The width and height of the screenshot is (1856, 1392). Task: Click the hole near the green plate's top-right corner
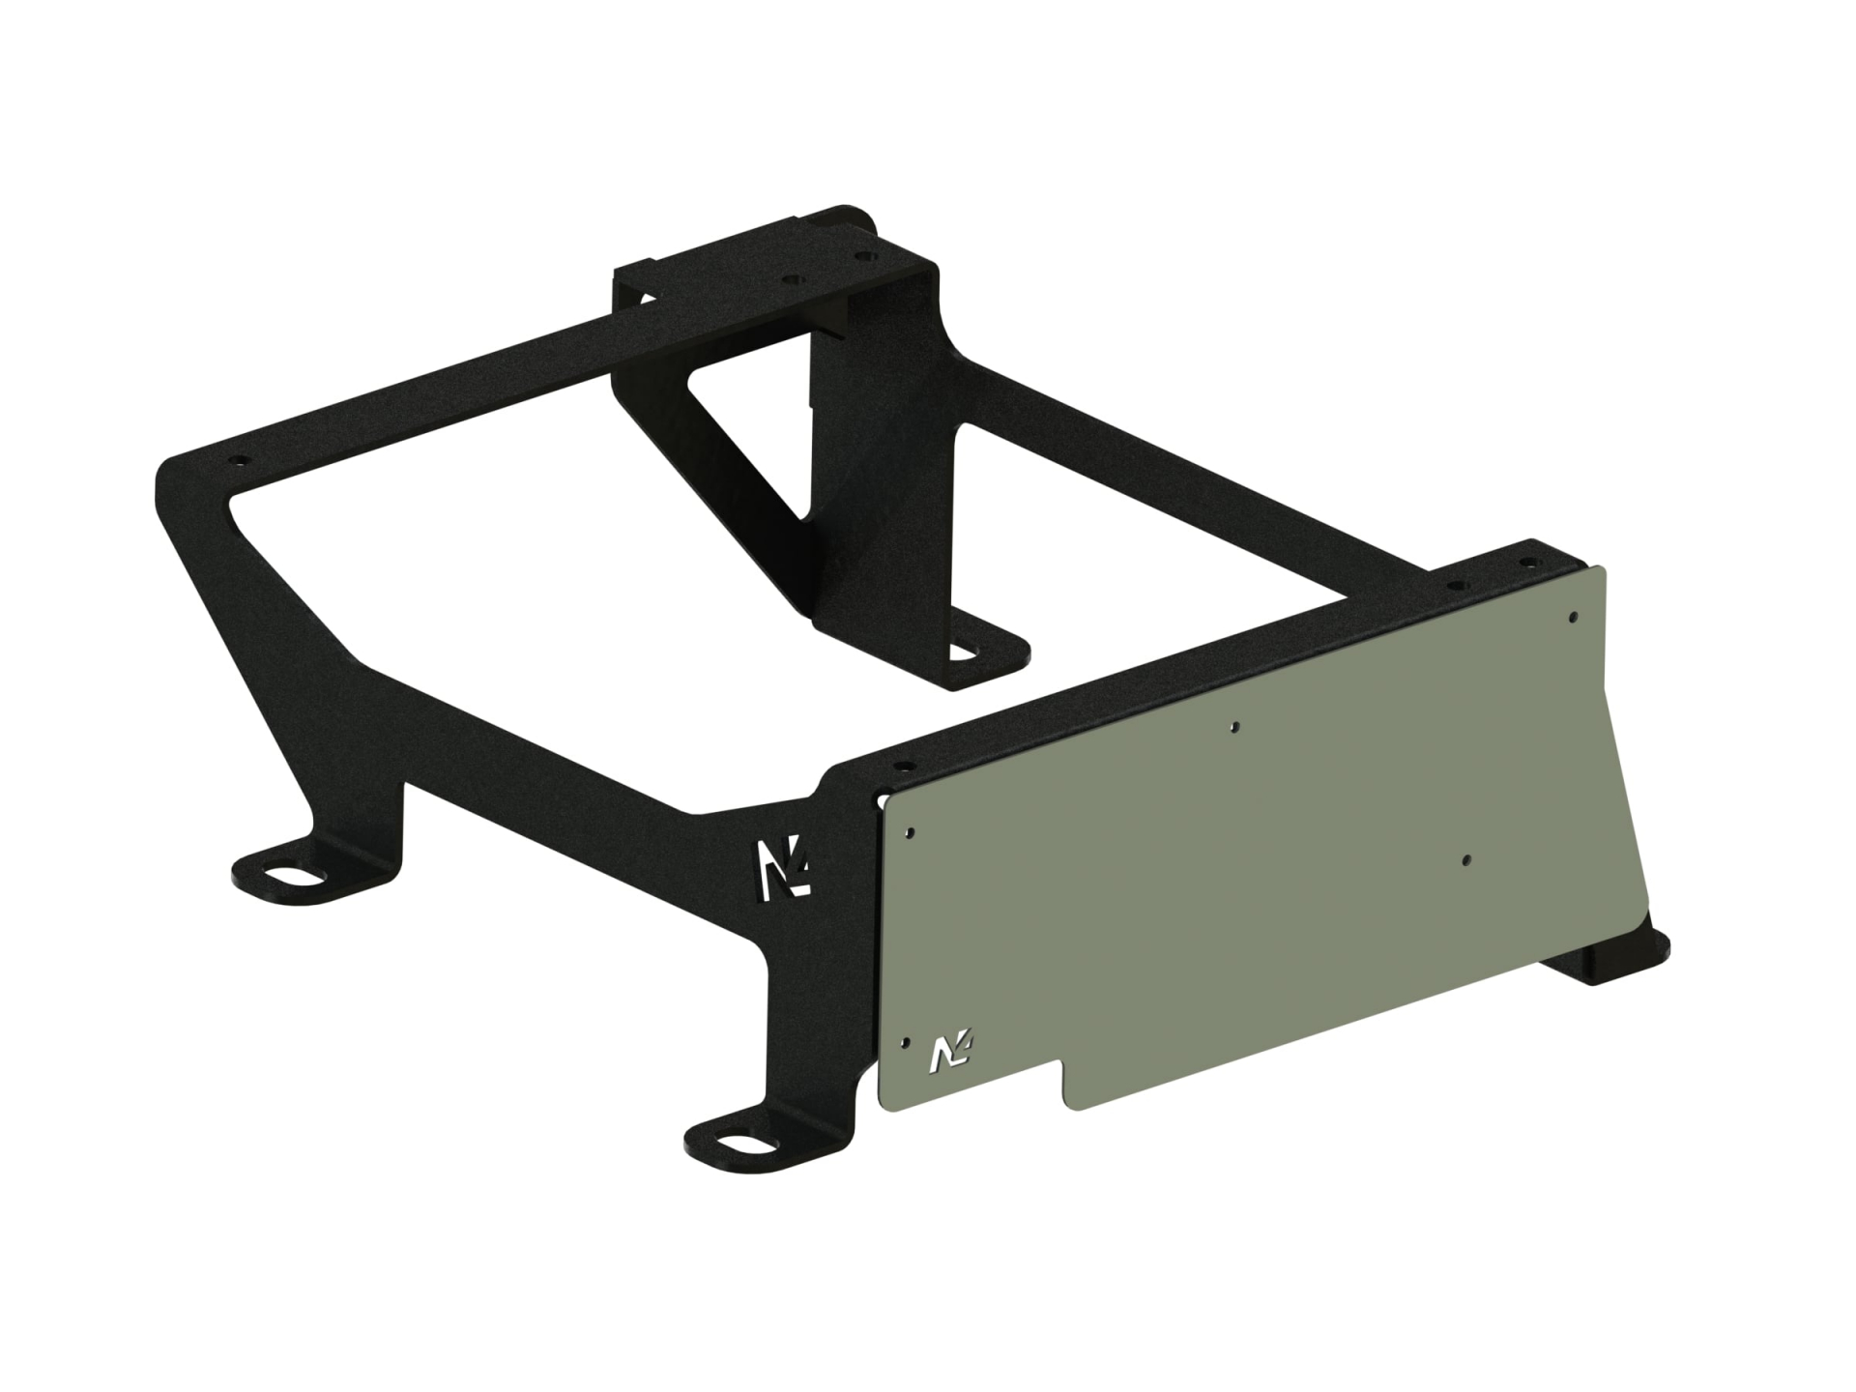[1574, 615]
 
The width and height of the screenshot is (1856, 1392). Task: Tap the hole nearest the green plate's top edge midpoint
[1234, 726]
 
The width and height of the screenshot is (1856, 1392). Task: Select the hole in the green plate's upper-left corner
[911, 831]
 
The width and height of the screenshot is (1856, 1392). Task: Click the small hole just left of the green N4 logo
[904, 1042]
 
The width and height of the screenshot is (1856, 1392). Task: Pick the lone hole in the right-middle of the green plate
[1466, 859]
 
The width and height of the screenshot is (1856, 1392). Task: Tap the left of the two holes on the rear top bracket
[794, 277]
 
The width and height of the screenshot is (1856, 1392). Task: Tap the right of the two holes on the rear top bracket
[862, 258]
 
